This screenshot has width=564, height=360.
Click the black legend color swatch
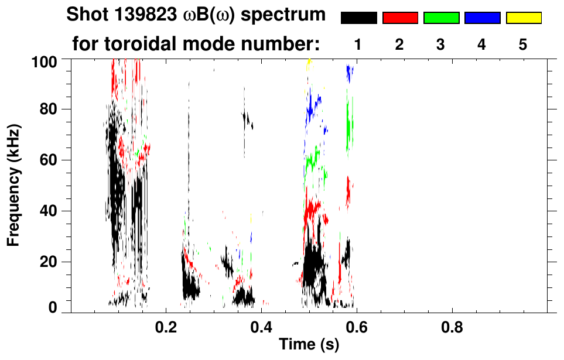[358, 18]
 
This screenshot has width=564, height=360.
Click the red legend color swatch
[400, 18]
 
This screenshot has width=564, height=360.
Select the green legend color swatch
[441, 18]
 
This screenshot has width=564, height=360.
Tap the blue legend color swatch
[482, 18]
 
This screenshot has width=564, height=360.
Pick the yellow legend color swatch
[524, 18]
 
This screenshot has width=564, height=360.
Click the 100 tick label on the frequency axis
[44, 60]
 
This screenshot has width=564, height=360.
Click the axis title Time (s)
[308, 345]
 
